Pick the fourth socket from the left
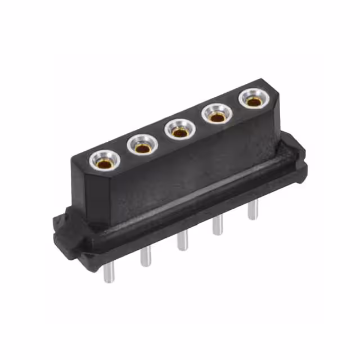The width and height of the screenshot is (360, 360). tap(216, 117)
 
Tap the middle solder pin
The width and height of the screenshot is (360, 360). tap(182, 241)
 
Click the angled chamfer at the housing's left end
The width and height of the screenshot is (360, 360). tap(79, 186)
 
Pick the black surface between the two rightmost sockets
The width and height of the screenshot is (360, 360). tap(235, 110)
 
